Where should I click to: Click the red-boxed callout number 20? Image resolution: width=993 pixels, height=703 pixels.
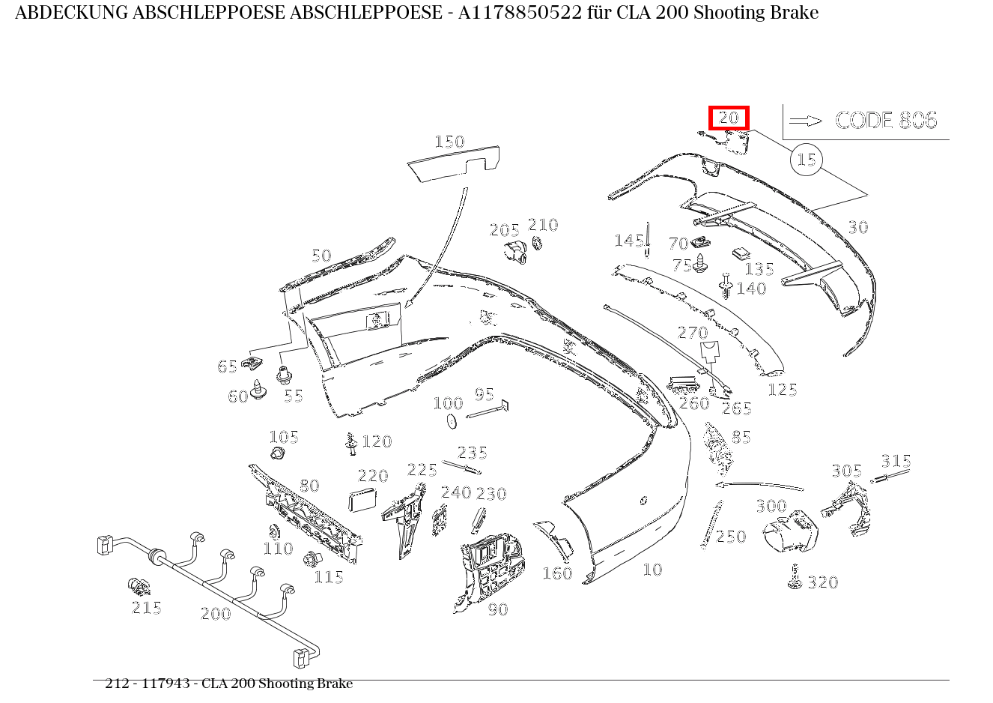tap(729, 118)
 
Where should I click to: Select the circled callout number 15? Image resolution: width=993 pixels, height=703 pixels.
tap(806, 160)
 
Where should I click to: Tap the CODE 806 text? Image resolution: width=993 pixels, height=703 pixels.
tap(886, 120)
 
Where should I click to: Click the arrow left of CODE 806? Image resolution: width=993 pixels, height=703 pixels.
tap(805, 121)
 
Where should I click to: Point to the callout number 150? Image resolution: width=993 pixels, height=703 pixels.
tap(449, 142)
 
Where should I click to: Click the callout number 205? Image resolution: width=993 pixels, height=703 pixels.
tap(505, 230)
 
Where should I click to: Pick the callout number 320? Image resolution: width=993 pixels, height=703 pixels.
tap(822, 582)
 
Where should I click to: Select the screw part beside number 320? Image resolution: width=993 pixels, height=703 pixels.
tap(795, 578)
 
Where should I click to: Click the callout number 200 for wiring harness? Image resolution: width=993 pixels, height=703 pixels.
tap(216, 614)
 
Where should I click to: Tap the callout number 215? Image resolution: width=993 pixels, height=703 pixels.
tap(147, 608)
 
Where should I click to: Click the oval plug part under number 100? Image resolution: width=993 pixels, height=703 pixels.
tap(452, 422)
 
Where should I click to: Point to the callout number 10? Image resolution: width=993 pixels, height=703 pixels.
tap(652, 570)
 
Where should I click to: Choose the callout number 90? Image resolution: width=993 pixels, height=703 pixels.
tap(498, 609)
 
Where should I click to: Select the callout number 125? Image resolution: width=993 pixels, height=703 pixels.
tap(782, 390)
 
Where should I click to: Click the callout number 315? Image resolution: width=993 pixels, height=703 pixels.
tap(896, 461)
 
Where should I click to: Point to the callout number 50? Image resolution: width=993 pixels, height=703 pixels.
tap(321, 256)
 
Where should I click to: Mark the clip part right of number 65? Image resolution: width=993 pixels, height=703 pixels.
tap(253, 365)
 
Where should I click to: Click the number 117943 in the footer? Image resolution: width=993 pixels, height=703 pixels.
tap(165, 684)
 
